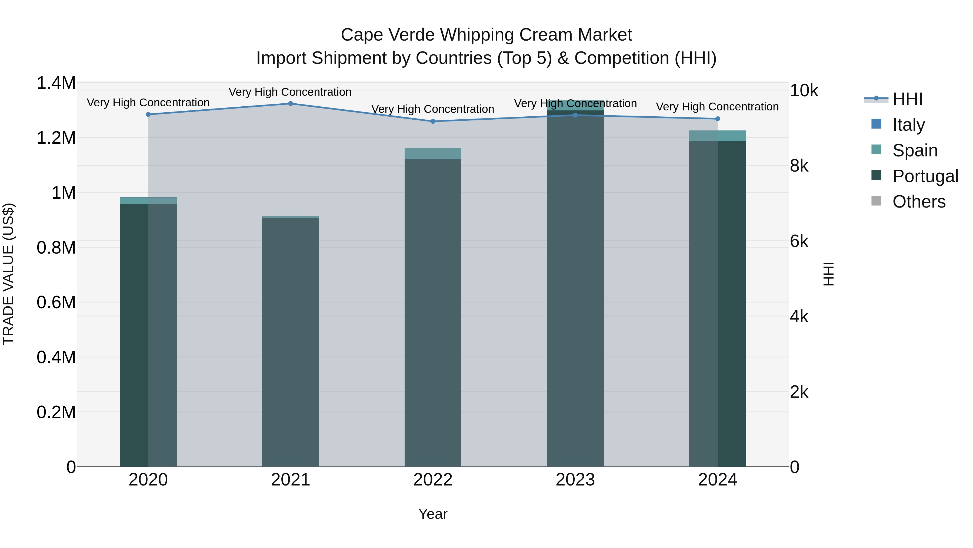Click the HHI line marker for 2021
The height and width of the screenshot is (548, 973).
coord(291,104)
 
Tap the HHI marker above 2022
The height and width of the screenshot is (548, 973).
coord(433,122)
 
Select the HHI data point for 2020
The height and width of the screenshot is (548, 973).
coord(148,114)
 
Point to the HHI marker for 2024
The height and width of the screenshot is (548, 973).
coord(718,119)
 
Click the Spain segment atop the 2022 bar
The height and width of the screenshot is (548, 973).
coord(433,153)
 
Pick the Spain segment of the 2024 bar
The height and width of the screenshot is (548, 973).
coord(718,136)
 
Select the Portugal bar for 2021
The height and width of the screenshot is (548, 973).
coord(291,340)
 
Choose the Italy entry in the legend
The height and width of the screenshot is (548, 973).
coord(908,125)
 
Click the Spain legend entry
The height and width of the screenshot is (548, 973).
coord(914,150)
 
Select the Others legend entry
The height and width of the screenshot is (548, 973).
coord(919,202)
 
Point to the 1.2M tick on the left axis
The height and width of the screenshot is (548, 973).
coord(56,138)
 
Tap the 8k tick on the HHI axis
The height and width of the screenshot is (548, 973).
coord(799,166)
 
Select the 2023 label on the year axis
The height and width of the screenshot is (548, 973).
coord(575,480)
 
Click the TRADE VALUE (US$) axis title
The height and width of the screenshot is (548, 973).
coord(8,274)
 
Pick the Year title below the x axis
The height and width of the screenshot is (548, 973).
coord(433,514)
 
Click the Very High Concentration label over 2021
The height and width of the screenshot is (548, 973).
coord(290,92)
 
